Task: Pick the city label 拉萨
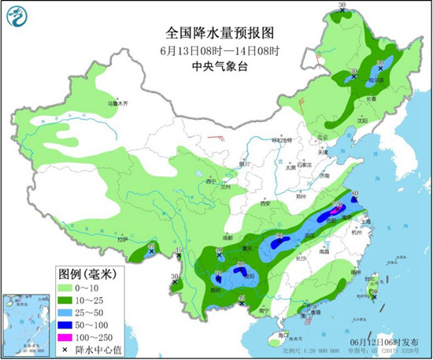(122, 238)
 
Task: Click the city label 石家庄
(305, 165)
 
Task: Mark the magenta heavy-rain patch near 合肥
(334, 210)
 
